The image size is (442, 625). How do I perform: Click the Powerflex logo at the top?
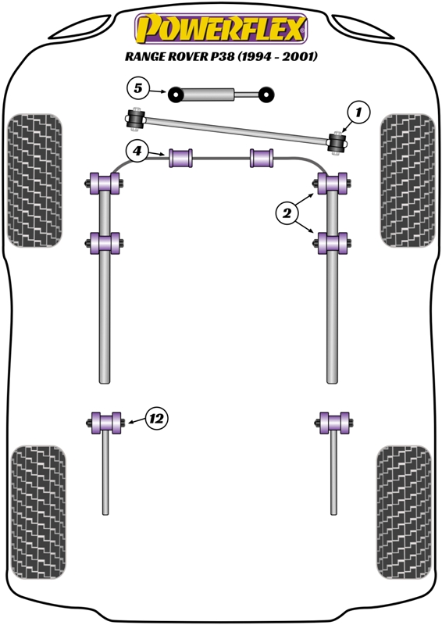pyautogui.click(x=221, y=29)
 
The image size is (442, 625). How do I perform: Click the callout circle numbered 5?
pyautogui.click(x=138, y=88)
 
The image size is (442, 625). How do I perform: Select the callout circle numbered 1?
pyautogui.click(x=358, y=112)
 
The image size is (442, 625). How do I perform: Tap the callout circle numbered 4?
pyautogui.click(x=137, y=152)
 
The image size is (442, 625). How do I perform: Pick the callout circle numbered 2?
pyautogui.click(x=287, y=213)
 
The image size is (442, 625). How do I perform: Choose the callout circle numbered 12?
pyautogui.click(x=156, y=419)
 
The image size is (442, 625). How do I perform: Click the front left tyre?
pyautogui.click(x=34, y=180)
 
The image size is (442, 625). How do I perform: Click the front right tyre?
pyautogui.click(x=408, y=180)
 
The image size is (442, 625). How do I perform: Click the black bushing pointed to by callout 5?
pyautogui.click(x=175, y=95)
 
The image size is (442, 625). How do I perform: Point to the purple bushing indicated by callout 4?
pyautogui.click(x=181, y=158)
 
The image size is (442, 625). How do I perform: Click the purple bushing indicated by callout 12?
pyautogui.click(x=104, y=423)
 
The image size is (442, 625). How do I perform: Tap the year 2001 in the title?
pyautogui.click(x=300, y=56)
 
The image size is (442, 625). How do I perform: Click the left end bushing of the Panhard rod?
pyautogui.click(x=136, y=119)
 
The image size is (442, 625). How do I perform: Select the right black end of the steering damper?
pyautogui.click(x=266, y=95)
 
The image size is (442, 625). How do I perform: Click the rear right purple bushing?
pyautogui.click(x=334, y=423)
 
